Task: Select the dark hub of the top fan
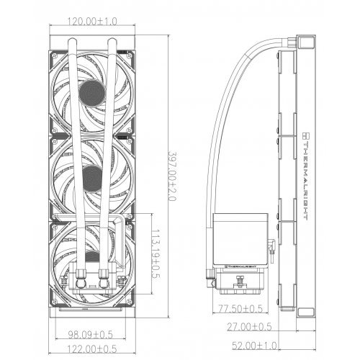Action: [x=92, y=89]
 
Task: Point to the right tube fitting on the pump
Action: [x=105, y=273]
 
